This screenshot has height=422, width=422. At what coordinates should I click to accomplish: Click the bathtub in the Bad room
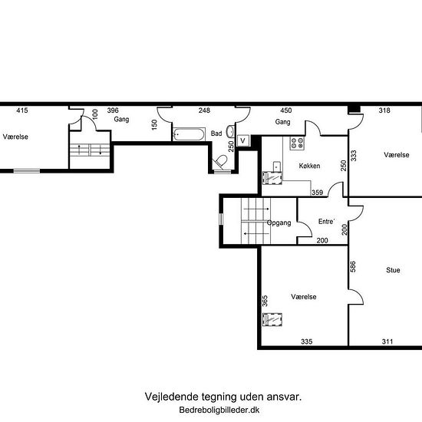point(189,134)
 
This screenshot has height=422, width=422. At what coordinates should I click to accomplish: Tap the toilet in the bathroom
point(221,162)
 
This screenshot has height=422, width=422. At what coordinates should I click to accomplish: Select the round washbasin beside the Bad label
point(230,132)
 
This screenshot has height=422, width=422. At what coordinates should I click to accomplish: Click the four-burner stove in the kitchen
point(297,143)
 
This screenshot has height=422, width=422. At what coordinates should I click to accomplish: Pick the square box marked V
point(243,140)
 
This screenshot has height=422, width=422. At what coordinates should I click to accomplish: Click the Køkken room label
point(309,166)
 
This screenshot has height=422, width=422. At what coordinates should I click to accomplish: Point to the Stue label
point(393,270)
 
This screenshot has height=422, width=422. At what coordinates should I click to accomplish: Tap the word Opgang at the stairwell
point(279,223)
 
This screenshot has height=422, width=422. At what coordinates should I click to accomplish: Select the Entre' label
point(326,222)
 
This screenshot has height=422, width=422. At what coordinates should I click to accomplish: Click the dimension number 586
point(353,267)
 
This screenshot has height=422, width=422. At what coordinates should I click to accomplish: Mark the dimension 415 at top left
point(22,110)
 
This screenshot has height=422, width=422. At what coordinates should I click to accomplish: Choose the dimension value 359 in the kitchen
point(318,193)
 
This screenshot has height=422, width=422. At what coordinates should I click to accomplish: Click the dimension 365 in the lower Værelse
point(265,301)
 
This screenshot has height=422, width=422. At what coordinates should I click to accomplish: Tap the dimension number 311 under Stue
point(387,341)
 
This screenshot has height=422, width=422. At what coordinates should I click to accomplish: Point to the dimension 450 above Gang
point(286,110)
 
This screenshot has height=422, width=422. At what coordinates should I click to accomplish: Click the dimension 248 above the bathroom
point(204,110)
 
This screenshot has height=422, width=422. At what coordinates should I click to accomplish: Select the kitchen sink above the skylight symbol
point(277,166)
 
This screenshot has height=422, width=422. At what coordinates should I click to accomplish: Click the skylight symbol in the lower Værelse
point(272,319)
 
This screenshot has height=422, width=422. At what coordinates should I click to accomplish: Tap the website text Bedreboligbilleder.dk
point(219,410)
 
